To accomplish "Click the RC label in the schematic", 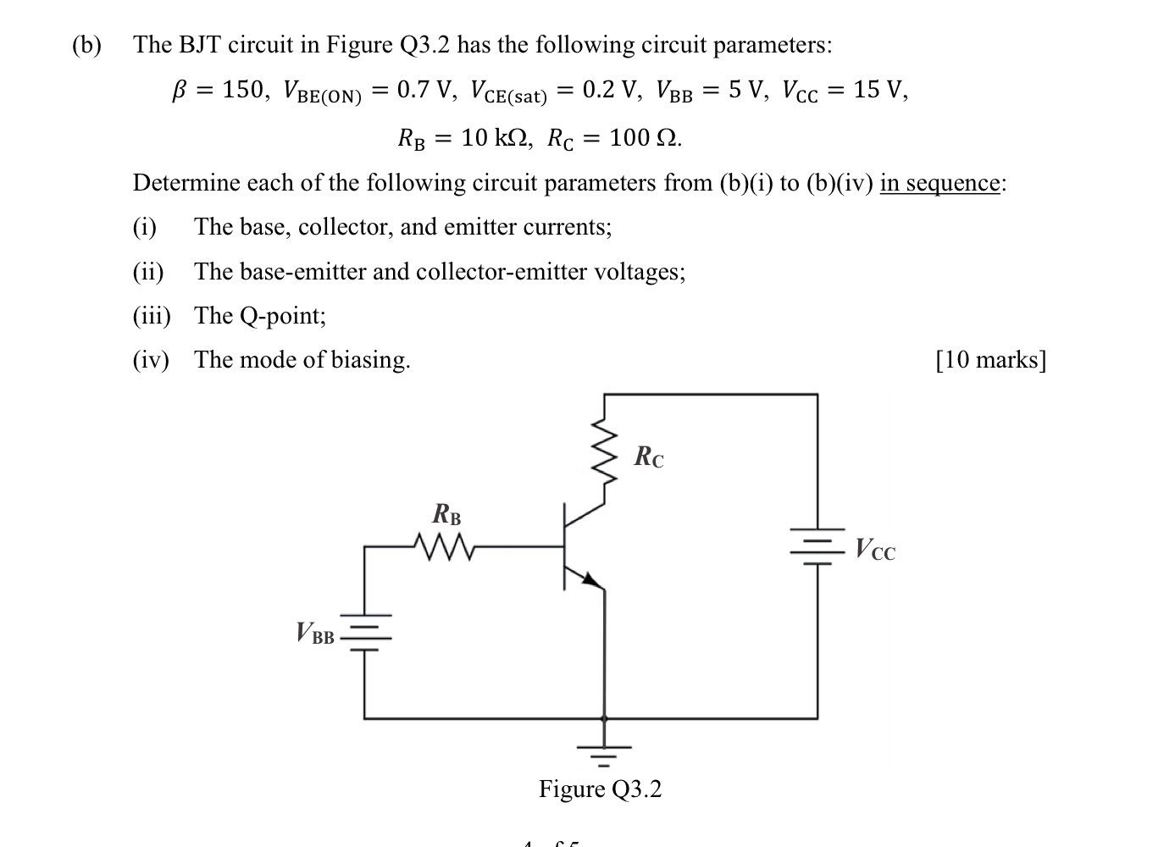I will tap(649, 457).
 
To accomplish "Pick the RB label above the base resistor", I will tap(446, 514).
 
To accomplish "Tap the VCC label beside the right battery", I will tap(874, 550).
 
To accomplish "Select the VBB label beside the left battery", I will tap(315, 634).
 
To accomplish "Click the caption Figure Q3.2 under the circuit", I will tap(600, 789).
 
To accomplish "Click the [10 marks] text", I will tap(990, 360).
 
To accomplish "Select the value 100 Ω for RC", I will tap(644, 137).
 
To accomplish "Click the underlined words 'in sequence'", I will tap(939, 183).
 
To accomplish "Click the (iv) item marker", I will tap(151, 360).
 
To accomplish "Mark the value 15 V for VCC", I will tap(878, 90).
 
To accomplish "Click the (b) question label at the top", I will tap(86, 45).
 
